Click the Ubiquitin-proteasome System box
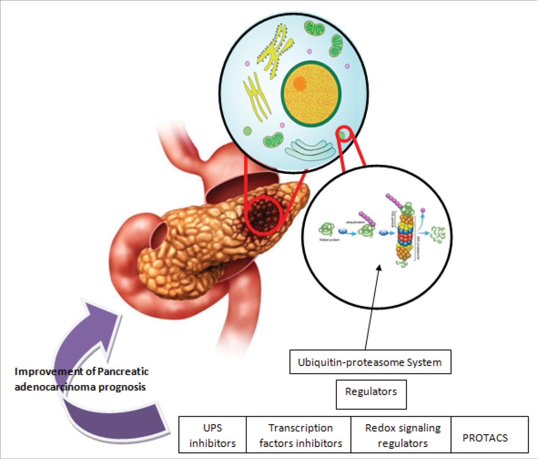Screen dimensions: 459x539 (x=370, y=362)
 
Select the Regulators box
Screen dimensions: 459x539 (x=371, y=391)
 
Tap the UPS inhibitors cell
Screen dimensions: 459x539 (x=212, y=435)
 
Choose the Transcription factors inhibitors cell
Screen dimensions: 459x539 (x=300, y=435)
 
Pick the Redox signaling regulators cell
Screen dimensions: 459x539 (x=402, y=435)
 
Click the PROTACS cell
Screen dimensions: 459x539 (x=485, y=437)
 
